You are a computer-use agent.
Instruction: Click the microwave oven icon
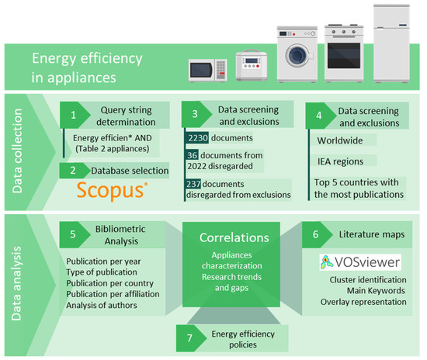[x=207, y=71]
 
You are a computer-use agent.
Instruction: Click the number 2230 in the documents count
[x=200, y=138]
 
